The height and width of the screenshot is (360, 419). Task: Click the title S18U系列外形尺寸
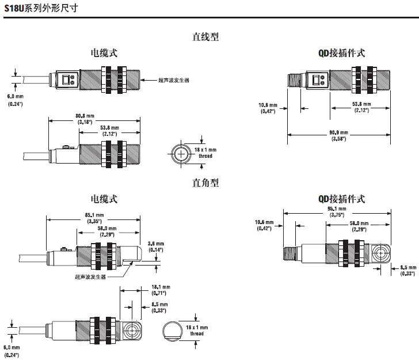(39, 9)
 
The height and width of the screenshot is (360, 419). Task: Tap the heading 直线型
(205, 36)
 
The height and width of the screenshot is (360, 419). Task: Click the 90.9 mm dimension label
(337, 135)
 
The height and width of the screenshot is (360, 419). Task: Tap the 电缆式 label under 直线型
(104, 52)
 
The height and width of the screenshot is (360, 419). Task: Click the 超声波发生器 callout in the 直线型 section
(174, 79)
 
